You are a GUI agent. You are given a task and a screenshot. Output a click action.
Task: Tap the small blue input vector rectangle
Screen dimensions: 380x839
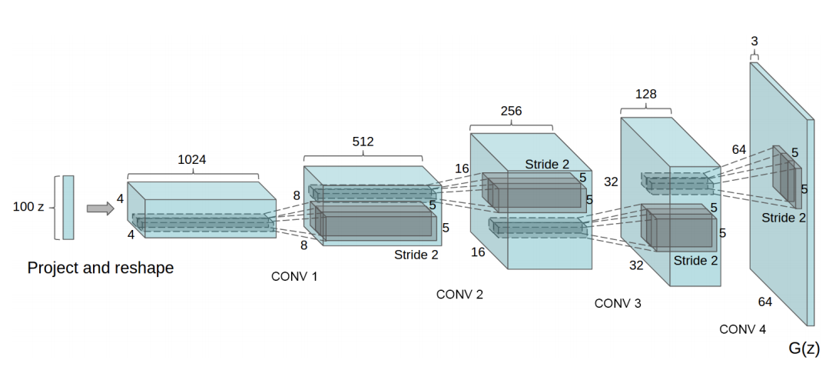point(68,207)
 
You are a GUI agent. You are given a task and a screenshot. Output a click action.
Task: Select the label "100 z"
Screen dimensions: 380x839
point(29,207)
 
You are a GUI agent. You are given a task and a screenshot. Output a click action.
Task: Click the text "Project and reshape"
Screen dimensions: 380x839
point(101,268)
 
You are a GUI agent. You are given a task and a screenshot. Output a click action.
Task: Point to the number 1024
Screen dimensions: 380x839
point(191,160)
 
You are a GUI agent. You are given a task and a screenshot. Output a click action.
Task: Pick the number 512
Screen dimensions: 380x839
point(363,142)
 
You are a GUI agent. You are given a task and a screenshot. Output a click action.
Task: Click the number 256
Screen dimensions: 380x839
point(510,111)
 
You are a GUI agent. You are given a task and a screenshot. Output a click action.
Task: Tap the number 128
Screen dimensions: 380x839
point(645,93)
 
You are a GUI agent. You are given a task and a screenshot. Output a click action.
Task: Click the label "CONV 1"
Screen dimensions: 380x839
point(294,275)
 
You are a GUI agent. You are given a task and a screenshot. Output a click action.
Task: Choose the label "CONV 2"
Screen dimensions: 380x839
point(459,294)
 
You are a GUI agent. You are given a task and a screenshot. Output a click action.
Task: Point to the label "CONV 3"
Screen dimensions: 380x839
point(618,303)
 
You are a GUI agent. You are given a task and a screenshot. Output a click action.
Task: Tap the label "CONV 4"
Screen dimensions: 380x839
point(742,329)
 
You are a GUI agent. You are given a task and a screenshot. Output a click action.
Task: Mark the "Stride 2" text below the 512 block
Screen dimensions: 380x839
point(416,255)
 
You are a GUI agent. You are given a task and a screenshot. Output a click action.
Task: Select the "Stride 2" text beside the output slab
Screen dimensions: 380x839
point(784,218)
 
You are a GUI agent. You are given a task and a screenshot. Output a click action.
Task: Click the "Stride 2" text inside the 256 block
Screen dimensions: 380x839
point(548,165)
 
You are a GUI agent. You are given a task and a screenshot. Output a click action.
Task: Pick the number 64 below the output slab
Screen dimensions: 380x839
point(765,302)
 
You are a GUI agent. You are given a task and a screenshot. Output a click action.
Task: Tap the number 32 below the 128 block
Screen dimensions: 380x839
point(637,265)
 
